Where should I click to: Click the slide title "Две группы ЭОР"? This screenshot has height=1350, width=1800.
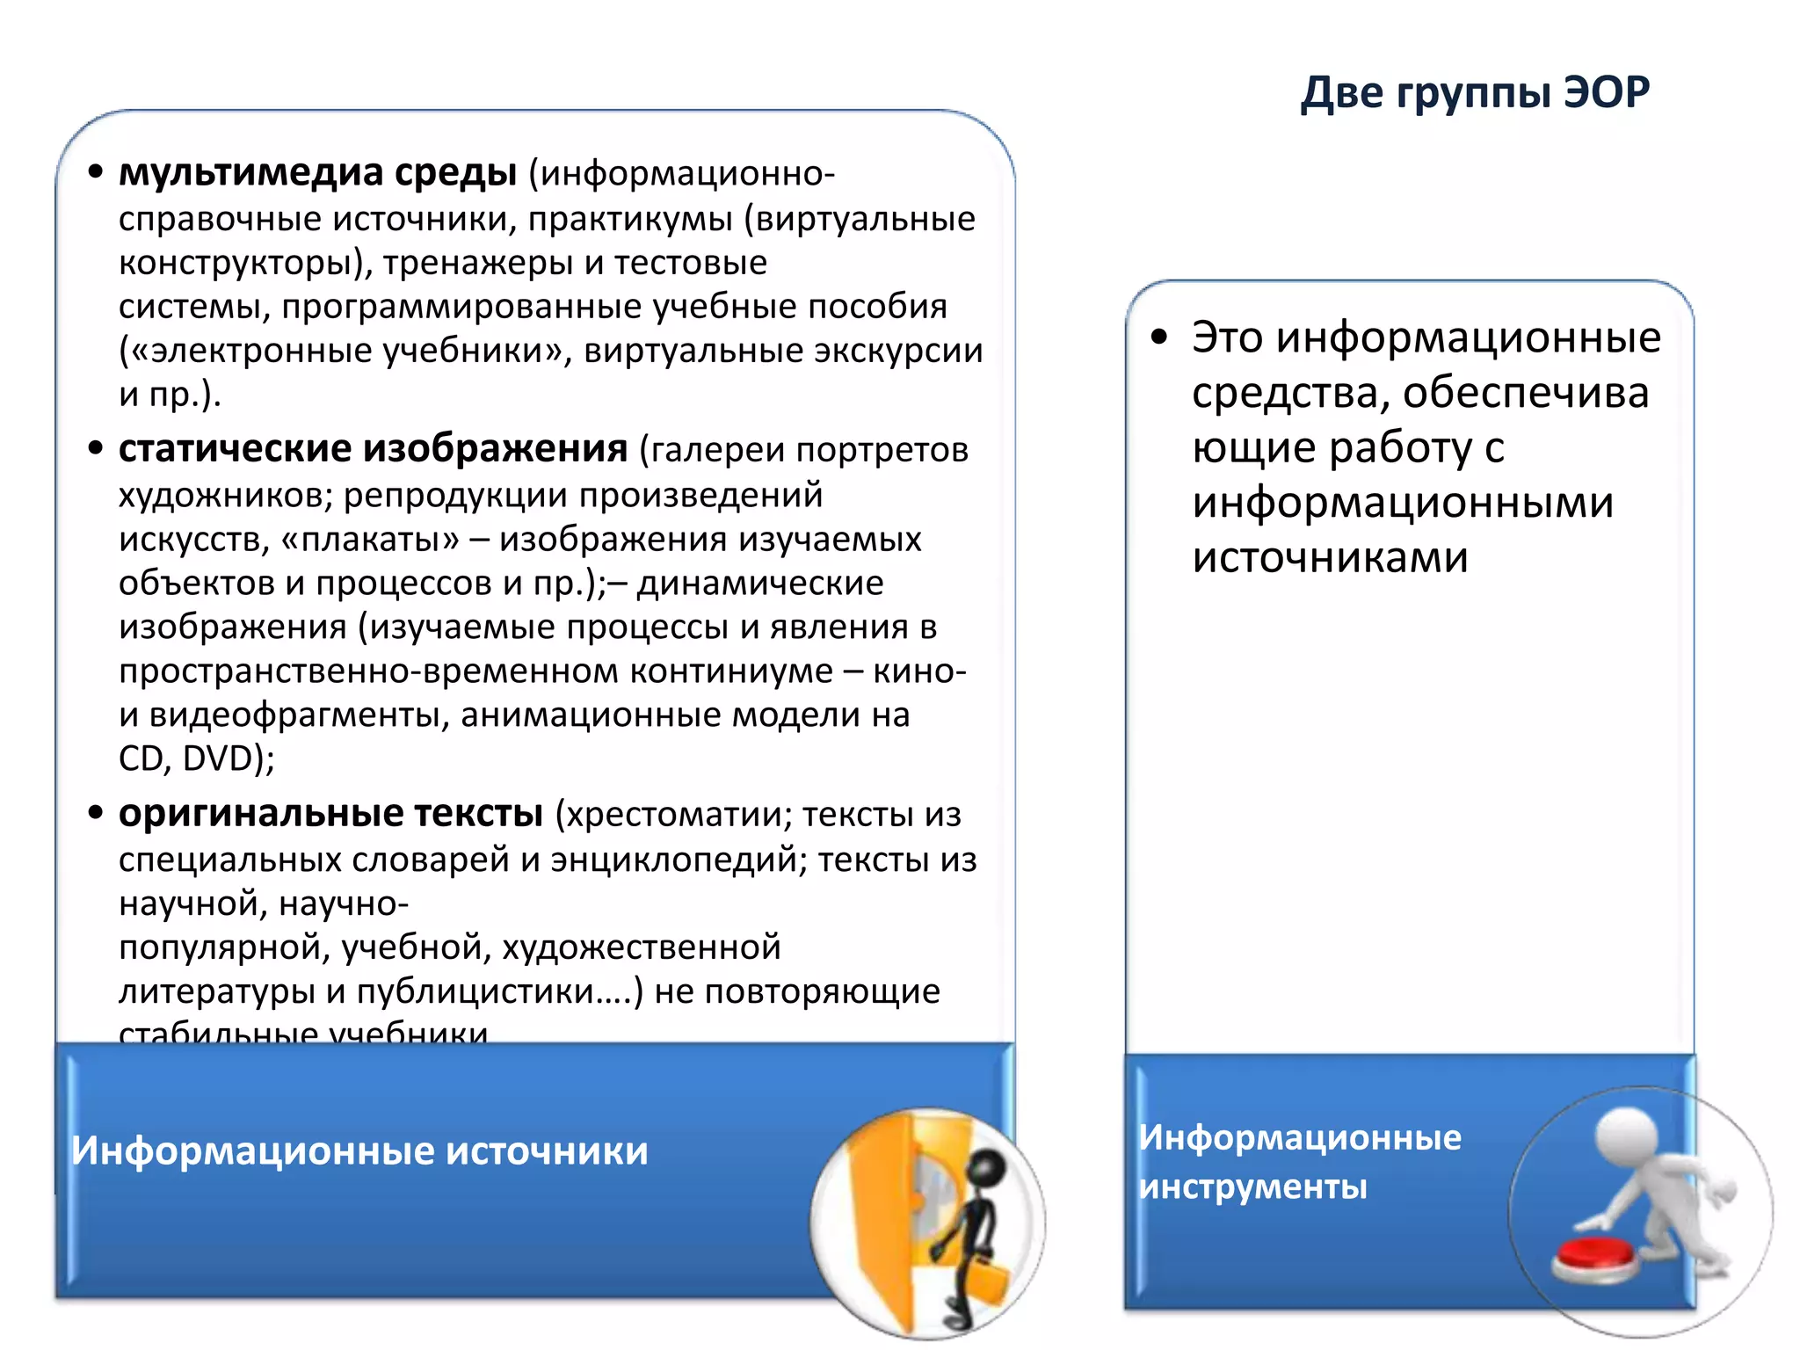pos(1475,92)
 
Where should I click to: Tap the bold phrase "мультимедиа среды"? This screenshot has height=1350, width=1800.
pos(317,172)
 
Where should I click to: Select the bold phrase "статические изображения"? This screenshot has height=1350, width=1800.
pos(373,449)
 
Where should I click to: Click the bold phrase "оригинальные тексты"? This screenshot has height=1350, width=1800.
pos(330,813)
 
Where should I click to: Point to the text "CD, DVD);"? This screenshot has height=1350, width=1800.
pos(196,758)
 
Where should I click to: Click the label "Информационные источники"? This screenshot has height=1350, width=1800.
pos(359,1150)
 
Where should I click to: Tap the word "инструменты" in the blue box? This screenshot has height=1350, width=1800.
pos(1252,1187)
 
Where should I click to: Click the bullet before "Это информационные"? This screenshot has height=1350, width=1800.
pos(1159,337)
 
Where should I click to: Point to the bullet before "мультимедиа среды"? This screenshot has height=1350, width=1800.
pos(96,172)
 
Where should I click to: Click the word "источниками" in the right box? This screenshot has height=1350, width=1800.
pos(1330,557)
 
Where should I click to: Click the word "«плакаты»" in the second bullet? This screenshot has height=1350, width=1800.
pos(370,539)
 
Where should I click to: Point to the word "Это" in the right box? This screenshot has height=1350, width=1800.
pos(1227,337)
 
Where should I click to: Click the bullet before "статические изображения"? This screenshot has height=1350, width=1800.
pos(96,449)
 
